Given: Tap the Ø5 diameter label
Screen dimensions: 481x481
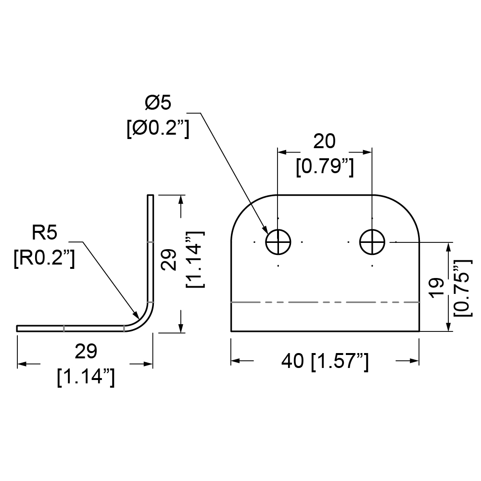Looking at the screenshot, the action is click(x=158, y=102).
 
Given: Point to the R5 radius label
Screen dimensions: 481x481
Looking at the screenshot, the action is click(x=44, y=232).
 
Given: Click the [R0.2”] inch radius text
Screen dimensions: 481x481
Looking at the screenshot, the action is click(x=44, y=258).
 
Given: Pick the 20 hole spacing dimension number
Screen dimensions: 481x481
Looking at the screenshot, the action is click(x=324, y=141).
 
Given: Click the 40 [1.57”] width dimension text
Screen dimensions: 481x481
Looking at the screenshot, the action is click(x=325, y=361).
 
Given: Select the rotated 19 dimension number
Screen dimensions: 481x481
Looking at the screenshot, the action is click(x=437, y=288).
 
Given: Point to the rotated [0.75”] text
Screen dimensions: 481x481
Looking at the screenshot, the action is click(x=462, y=288).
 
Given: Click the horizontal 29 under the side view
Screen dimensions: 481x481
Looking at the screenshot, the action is click(x=86, y=352).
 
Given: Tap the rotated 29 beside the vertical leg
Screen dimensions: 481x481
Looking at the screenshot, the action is click(x=169, y=260).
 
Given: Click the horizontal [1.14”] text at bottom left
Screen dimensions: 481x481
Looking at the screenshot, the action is click(x=86, y=377).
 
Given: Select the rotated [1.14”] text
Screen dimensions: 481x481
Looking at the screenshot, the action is click(x=195, y=260).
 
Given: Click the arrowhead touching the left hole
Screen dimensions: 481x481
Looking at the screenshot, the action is click(x=264, y=229).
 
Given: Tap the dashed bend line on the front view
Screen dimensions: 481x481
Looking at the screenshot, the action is click(x=325, y=302).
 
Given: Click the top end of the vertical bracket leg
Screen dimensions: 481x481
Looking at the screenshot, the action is click(x=150, y=195).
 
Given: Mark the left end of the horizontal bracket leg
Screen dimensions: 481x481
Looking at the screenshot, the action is click(x=17, y=329).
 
